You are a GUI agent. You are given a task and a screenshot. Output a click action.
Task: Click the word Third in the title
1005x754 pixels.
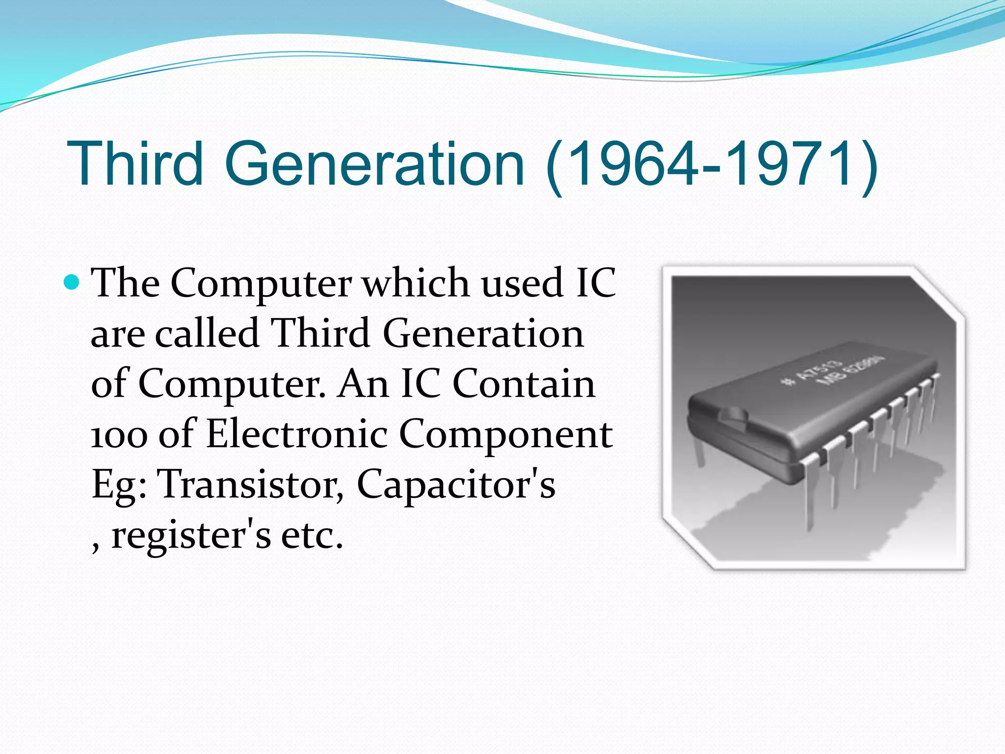135,163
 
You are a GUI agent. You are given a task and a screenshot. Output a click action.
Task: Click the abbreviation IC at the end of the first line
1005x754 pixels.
596,283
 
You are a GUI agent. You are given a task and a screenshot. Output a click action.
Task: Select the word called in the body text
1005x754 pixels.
207,333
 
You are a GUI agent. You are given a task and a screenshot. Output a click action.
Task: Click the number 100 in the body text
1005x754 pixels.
119,435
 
